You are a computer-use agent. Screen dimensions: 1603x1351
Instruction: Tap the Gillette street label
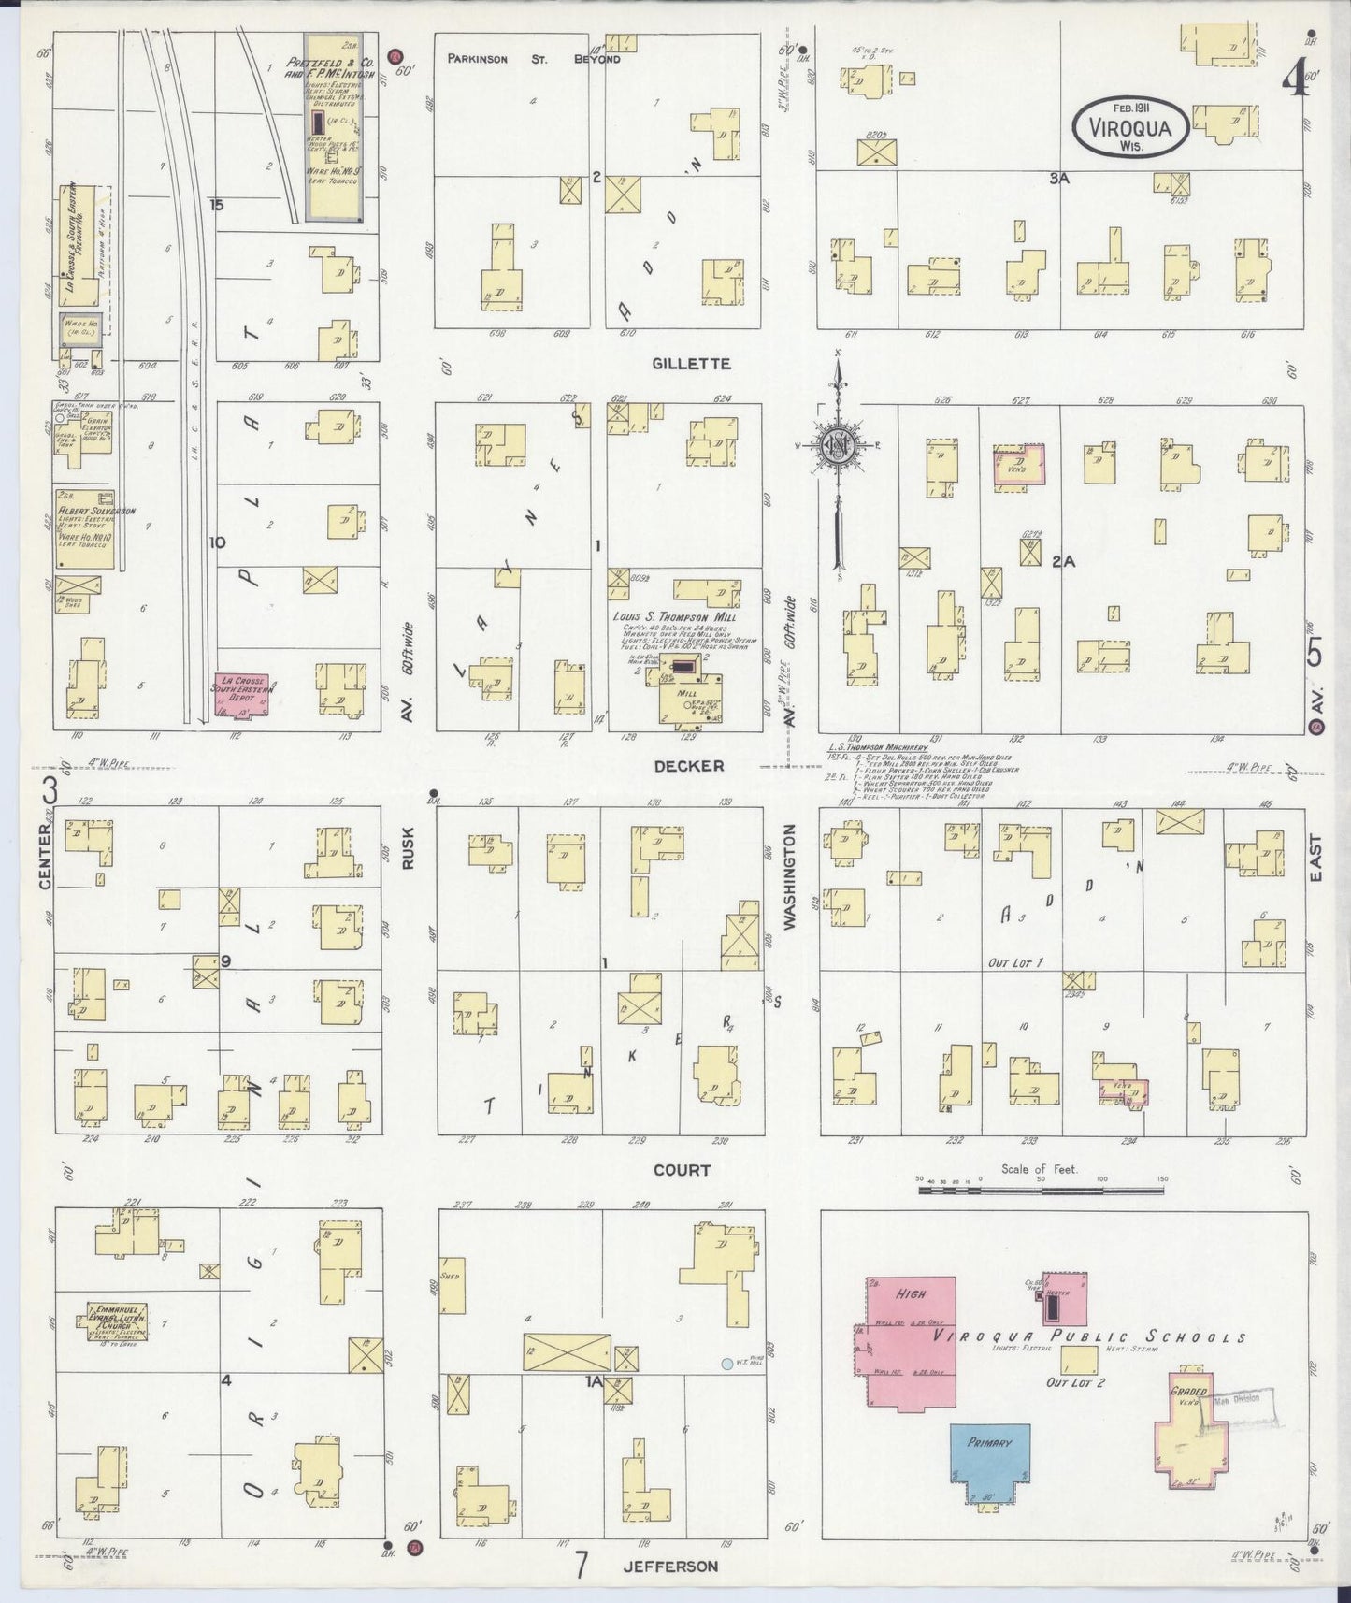pos(692,364)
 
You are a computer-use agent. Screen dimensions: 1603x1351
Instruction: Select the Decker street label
pos(689,765)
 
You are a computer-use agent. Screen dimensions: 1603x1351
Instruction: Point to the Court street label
pos(682,1169)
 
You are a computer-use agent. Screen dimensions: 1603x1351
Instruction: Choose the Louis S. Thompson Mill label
pos(674,617)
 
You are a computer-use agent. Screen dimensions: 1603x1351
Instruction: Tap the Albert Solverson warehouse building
pos(85,529)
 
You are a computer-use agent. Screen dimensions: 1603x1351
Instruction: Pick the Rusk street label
pos(408,848)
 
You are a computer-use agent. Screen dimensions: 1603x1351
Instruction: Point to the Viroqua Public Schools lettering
pos(1089,1338)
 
